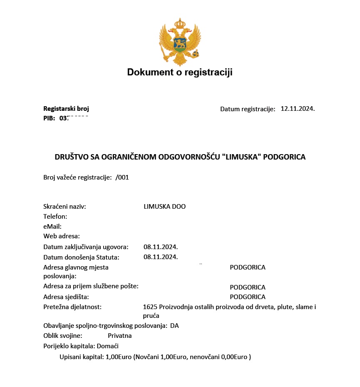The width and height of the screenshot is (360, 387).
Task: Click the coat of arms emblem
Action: (x=180, y=42)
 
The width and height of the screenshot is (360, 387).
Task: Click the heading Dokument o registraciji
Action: (x=180, y=72)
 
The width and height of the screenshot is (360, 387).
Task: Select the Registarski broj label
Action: (x=66, y=109)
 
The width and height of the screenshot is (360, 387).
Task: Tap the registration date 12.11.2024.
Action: (x=298, y=109)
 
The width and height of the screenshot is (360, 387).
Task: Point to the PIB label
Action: (x=49, y=118)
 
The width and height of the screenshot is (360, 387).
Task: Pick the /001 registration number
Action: (x=122, y=177)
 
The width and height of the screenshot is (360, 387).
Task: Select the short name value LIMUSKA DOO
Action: (x=164, y=207)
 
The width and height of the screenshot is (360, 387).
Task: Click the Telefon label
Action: (x=55, y=217)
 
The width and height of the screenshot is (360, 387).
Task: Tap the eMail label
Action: (x=52, y=227)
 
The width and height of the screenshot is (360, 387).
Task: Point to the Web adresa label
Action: (x=62, y=236)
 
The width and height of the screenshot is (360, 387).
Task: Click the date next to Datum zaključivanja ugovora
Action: (x=161, y=247)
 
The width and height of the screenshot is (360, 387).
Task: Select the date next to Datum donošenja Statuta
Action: (x=161, y=257)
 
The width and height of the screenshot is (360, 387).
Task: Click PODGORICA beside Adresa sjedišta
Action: (x=248, y=297)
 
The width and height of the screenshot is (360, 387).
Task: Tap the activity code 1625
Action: (x=150, y=307)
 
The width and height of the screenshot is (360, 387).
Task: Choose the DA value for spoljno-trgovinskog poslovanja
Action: (x=174, y=326)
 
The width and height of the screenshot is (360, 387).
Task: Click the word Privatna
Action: (x=120, y=336)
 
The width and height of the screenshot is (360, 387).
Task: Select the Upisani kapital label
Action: (x=82, y=357)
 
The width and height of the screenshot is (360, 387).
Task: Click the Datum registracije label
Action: (x=248, y=109)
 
